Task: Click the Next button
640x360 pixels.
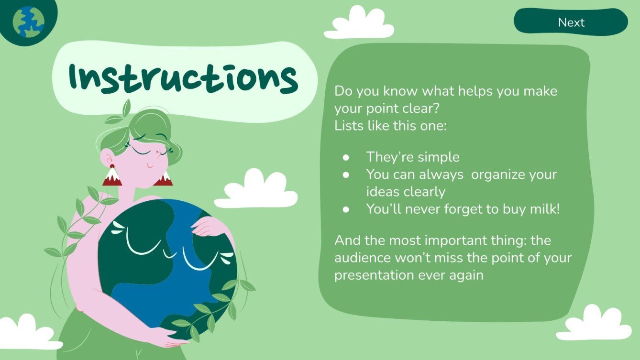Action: click(571, 22)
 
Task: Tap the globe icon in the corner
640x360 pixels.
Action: click(28, 22)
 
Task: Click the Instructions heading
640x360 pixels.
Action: click(184, 78)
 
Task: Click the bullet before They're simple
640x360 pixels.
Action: click(346, 157)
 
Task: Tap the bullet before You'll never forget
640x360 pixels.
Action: click(346, 209)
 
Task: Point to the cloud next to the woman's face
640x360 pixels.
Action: click(256, 190)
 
